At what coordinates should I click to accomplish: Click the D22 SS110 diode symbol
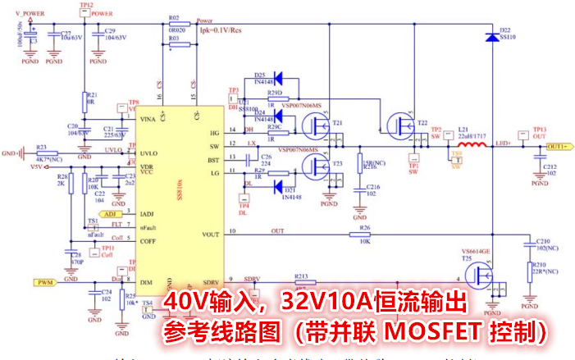click(491, 37)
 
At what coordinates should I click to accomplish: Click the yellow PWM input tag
click(44, 282)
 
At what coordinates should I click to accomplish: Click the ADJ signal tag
click(112, 213)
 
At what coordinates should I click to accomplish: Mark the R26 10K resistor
click(361, 235)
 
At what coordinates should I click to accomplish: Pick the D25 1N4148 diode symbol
click(277, 80)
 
